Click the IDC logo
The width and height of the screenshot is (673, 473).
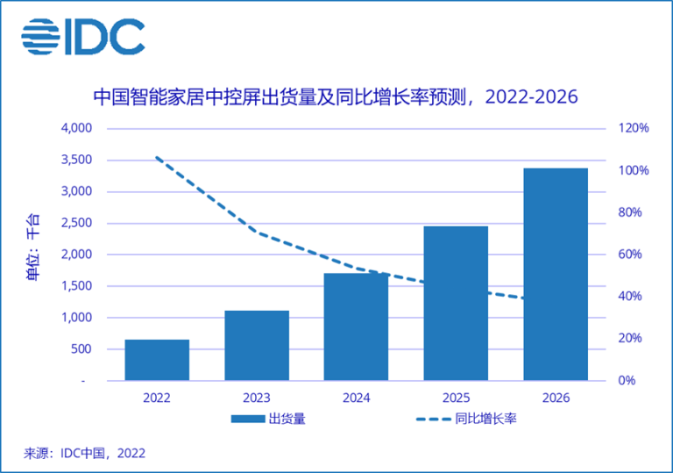83,36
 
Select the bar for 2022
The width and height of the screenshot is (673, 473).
157,360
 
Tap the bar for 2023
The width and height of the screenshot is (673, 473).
257,345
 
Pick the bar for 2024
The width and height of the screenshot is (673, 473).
356,326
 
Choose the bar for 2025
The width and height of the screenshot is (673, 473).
456,303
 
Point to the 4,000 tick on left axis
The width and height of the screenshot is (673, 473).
75,128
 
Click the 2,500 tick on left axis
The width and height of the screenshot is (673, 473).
75,223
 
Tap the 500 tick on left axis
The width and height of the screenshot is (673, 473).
81,349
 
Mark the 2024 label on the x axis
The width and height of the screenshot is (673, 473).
356,398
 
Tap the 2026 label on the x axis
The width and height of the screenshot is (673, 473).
555,398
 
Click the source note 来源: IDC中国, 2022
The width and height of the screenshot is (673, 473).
84,453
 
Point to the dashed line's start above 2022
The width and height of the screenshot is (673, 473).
157,158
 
